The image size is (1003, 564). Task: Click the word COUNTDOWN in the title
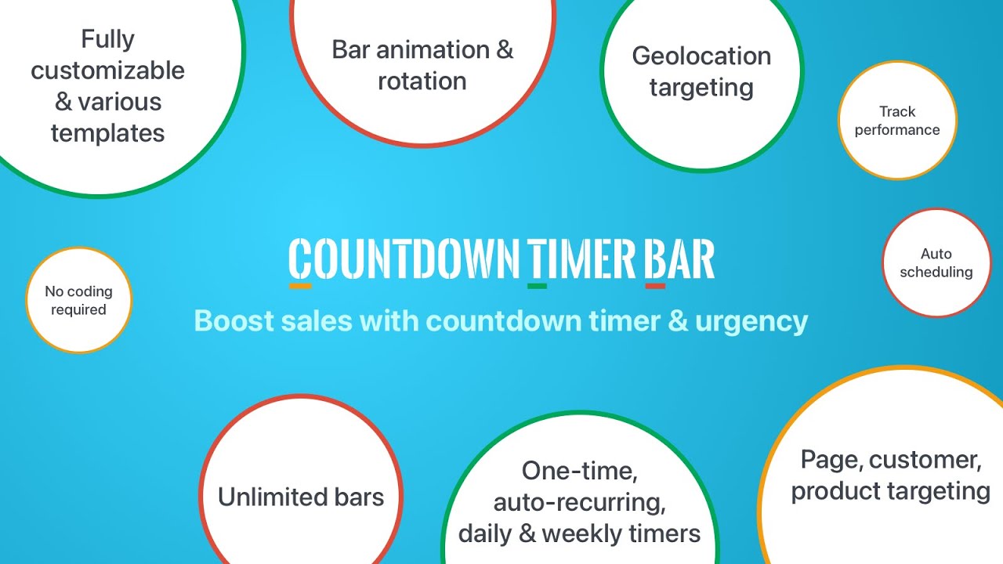(x=404, y=258)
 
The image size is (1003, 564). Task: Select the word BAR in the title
(x=679, y=258)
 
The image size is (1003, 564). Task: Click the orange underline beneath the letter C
(x=300, y=286)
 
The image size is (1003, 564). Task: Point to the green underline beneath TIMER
(x=537, y=286)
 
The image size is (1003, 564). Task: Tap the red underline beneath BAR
(x=655, y=286)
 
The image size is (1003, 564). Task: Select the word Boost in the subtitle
(x=228, y=321)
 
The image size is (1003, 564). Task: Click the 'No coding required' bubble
(x=78, y=300)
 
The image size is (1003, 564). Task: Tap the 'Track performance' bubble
(x=897, y=121)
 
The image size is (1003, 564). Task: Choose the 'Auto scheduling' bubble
(x=936, y=263)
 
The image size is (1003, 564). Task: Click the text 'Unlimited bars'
(x=301, y=497)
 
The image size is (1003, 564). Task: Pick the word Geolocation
(x=701, y=56)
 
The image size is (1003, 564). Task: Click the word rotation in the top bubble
(x=422, y=81)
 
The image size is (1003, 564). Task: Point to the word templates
(x=107, y=132)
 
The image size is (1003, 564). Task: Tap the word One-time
(x=579, y=470)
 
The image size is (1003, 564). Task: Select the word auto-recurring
(x=578, y=501)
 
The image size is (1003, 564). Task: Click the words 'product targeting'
(x=890, y=491)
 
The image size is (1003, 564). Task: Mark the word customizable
(x=107, y=70)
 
